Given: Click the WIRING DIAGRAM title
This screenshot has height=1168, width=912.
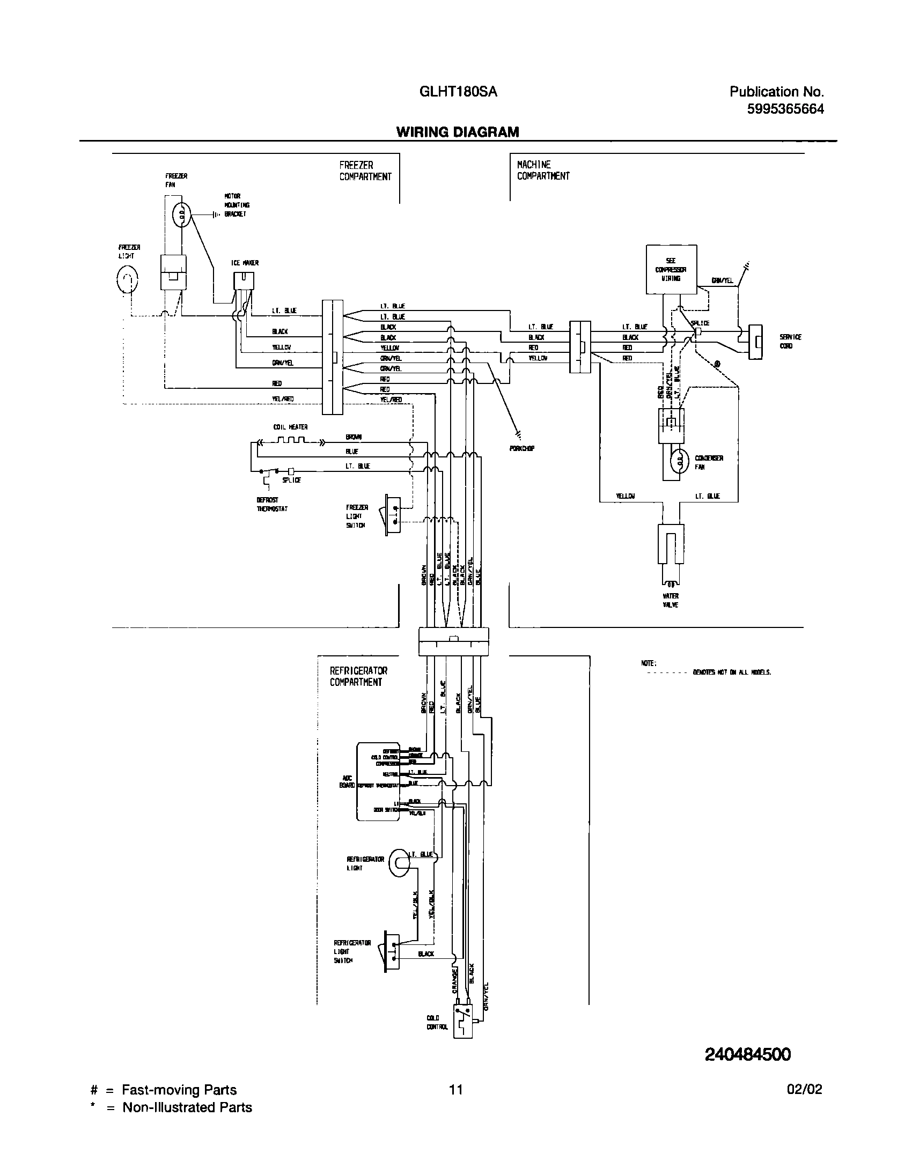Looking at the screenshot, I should tap(458, 132).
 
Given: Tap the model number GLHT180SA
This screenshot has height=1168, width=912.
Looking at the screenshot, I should tap(458, 92).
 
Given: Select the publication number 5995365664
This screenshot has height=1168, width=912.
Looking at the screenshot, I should tap(785, 109).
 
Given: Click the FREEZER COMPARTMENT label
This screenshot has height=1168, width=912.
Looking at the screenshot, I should tap(365, 171).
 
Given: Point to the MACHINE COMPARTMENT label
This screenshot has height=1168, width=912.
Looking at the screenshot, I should tap(543, 171).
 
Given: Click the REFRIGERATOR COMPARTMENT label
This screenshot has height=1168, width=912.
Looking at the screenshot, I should tap(358, 677).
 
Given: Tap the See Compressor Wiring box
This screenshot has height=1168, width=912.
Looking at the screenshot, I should tap(671, 270).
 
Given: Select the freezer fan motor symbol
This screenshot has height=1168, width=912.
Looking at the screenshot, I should tap(181, 216).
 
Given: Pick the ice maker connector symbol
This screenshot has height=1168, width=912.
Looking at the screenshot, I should tap(244, 281).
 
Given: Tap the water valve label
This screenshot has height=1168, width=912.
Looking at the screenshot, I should tap(671, 600).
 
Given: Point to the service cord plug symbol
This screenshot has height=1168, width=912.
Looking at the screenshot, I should tap(755, 342).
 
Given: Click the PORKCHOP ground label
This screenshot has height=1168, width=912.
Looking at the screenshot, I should tap(521, 448).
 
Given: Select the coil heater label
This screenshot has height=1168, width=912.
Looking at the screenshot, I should tap(290, 427).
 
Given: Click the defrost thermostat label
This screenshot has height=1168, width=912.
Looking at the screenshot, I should tap(272, 505).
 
